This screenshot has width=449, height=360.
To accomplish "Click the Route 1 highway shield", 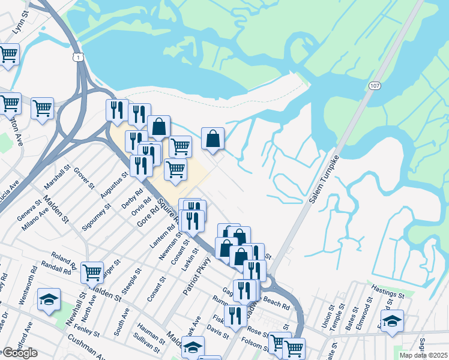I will [x=77, y=56].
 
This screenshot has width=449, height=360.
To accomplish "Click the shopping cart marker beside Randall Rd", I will [x=92, y=272].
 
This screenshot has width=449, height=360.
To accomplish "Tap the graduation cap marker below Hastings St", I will [x=392, y=320].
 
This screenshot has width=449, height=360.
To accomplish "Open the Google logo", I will [x=20, y=353].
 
